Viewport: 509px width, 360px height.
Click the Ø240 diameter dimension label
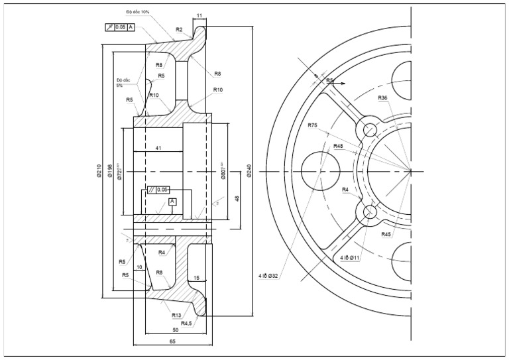[249, 171]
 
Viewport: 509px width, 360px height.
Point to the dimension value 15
[197, 278]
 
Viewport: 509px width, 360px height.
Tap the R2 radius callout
[179, 29]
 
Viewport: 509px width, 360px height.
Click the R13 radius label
[176, 315]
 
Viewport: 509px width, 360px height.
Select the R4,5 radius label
[186, 324]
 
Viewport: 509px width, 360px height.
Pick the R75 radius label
[313, 125]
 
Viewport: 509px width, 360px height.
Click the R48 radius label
[338, 146]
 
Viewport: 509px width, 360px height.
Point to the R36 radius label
[382, 98]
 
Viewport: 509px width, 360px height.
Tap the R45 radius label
[386, 234]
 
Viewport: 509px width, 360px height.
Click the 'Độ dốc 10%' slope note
[137, 12]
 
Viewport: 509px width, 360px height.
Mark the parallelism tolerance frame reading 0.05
[158, 189]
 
